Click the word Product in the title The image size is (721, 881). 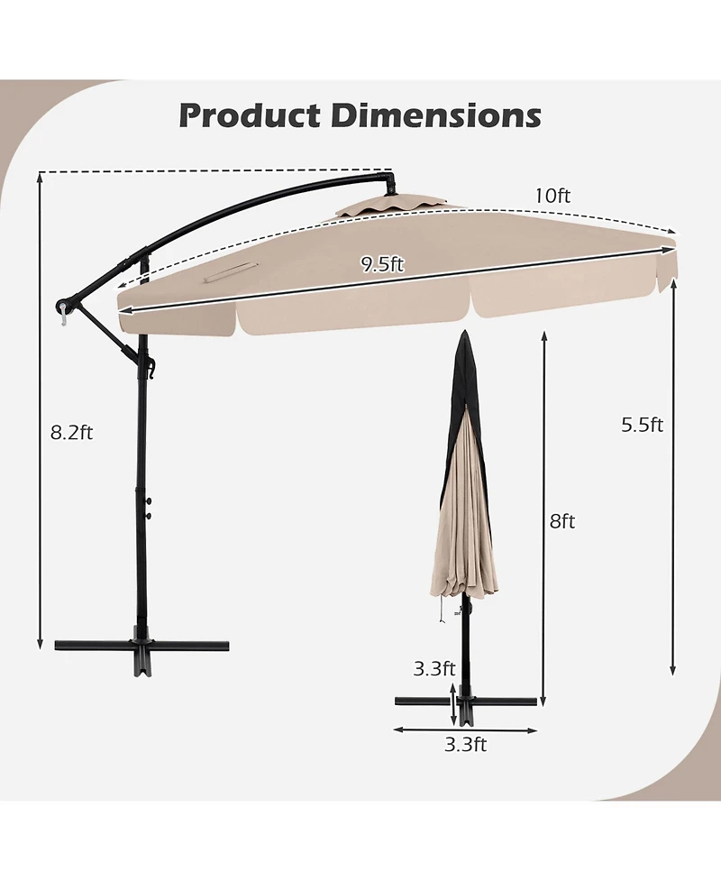[x=249, y=115]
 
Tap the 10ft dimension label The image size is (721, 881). [x=552, y=195]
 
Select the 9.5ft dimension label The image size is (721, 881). [x=382, y=264]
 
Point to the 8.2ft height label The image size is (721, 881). [x=72, y=432]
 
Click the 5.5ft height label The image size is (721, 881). [x=642, y=425]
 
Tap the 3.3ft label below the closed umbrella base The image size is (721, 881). [x=467, y=744]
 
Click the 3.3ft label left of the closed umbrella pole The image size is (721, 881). [x=434, y=669]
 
